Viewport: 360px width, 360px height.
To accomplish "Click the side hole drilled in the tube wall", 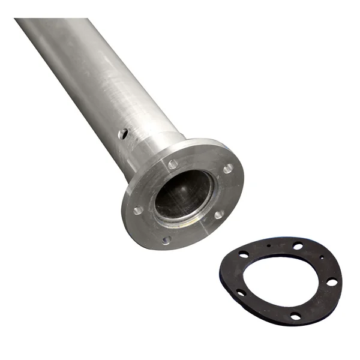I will coord(124,133).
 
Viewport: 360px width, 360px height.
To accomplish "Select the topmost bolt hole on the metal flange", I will coord(173,164).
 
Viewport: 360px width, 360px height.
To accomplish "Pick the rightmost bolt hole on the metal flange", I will coord(227,169).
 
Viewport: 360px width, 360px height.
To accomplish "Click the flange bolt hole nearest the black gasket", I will coord(220,214).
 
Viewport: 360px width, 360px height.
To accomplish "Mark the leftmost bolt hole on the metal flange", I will coord(138,210).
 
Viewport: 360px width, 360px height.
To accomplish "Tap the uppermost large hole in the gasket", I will coord(298,245).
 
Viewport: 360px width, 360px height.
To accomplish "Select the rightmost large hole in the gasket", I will coord(331,281).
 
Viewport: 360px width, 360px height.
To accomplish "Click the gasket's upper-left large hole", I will coord(244,254).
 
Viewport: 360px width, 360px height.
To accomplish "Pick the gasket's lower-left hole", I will coord(241,292).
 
